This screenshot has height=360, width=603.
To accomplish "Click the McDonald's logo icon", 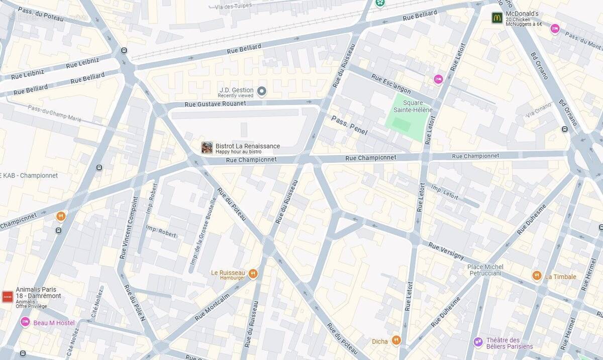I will point(497,18).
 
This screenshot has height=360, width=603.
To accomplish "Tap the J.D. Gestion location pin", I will point(261,91).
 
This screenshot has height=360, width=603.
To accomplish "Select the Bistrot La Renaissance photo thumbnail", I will point(207,147).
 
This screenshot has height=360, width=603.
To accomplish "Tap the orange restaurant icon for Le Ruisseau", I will point(253,274).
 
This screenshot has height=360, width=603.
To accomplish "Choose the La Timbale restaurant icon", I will point(537,276).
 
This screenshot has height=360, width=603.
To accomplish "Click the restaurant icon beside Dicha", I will point(396,340).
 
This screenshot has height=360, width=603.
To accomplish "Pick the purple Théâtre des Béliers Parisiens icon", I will point(478,342).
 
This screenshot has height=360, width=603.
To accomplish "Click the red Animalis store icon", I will point(8,297).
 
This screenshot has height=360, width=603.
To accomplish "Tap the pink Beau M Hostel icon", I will point(25,322).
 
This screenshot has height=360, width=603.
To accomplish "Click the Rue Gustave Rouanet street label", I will point(216,104).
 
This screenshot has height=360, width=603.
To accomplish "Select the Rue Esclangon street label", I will point(391,84).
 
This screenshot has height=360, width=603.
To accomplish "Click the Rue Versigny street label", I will point(446,250).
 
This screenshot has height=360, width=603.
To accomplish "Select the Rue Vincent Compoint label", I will point(129,228).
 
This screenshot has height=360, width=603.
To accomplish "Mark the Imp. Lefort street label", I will point(445,192).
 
